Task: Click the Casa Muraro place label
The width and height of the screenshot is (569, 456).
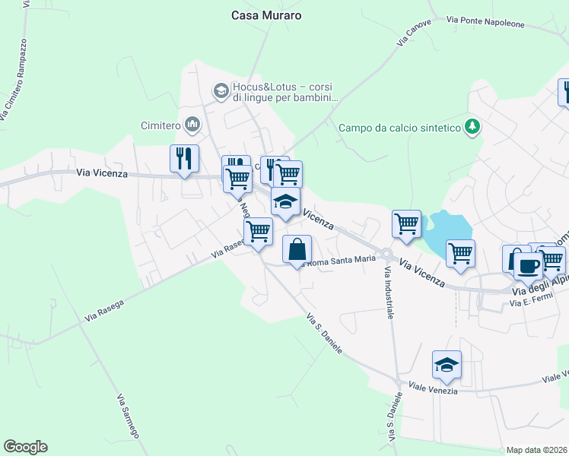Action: pos(266,15)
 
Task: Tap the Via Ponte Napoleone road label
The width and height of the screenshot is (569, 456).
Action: pos(485,23)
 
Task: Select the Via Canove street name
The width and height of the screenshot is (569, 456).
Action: pos(414,33)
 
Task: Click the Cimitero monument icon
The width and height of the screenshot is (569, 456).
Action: pos(192,124)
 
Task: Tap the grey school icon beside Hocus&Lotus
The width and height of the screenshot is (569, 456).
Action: pos(221,91)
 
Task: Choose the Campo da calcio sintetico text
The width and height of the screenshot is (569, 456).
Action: pos(400,128)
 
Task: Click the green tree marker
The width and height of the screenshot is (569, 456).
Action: pos(473,125)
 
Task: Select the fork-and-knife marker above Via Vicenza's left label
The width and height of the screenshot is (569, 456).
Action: pos(184,158)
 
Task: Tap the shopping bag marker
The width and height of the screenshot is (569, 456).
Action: pos(297,249)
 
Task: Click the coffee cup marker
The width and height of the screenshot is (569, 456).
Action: pos(528,265)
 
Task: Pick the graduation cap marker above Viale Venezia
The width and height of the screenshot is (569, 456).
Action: pos(447,364)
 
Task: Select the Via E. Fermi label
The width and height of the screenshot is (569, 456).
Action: pos(529,303)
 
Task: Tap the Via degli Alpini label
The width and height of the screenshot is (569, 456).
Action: pos(539,287)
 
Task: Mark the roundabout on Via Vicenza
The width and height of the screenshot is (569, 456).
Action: pos(386,255)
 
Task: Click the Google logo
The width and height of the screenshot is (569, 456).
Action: pos(25,447)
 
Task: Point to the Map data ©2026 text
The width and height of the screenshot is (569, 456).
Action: pos(536,450)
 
